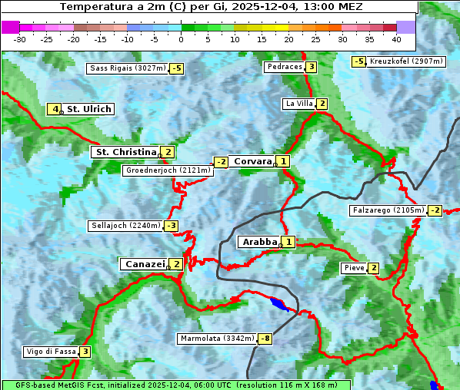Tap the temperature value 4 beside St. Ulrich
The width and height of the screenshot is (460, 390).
(55, 109)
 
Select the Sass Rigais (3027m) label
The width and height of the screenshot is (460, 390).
(128, 68)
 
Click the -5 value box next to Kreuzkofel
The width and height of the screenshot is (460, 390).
(358, 61)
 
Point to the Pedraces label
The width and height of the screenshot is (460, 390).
(284, 67)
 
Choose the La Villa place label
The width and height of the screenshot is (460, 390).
(298, 104)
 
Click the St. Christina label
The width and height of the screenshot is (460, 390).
(125, 152)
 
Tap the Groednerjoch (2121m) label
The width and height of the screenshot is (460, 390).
(167, 170)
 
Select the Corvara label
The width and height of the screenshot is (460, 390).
(252, 161)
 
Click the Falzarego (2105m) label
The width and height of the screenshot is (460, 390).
(388, 210)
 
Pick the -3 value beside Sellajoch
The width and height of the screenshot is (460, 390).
(171, 226)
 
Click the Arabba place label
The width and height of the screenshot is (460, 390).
(259, 242)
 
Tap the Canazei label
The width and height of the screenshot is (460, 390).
(144, 264)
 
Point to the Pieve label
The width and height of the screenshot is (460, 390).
(355, 268)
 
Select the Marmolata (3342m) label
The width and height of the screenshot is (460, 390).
(217, 339)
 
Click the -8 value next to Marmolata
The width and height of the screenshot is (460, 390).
(265, 339)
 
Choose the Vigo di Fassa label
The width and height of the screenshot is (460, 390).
(52, 352)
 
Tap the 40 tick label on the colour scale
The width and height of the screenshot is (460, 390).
(396, 38)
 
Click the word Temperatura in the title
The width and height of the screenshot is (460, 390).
(95, 7)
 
